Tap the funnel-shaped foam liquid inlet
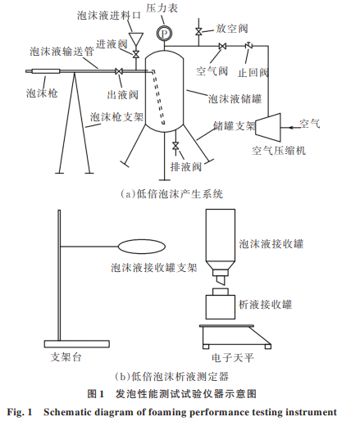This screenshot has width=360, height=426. click(x=136, y=39)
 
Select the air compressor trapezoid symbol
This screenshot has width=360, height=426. click(x=268, y=128)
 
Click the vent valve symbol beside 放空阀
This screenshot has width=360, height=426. click(x=198, y=32)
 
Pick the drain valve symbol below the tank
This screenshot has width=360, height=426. click(x=175, y=146)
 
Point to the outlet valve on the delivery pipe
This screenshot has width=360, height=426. click(x=119, y=71)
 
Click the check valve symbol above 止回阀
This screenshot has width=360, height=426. click(x=248, y=46)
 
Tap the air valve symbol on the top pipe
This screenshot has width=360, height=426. click(x=222, y=46)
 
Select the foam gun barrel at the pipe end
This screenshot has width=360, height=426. click(x=46, y=71)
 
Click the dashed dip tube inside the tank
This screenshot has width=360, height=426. click(x=158, y=97)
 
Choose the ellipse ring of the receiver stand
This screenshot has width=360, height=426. click(x=142, y=247)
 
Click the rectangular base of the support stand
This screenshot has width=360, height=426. click(x=77, y=344)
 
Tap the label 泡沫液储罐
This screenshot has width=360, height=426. click(x=235, y=98)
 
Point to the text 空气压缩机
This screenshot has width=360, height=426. click(x=279, y=151)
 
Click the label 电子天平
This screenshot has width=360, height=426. click(x=233, y=357)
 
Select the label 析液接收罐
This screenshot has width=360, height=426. click(x=266, y=304)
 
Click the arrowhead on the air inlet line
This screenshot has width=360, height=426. click(x=291, y=128)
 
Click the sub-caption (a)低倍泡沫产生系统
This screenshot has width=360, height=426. click(x=172, y=194)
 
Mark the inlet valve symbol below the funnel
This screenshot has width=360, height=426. click(x=136, y=54)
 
